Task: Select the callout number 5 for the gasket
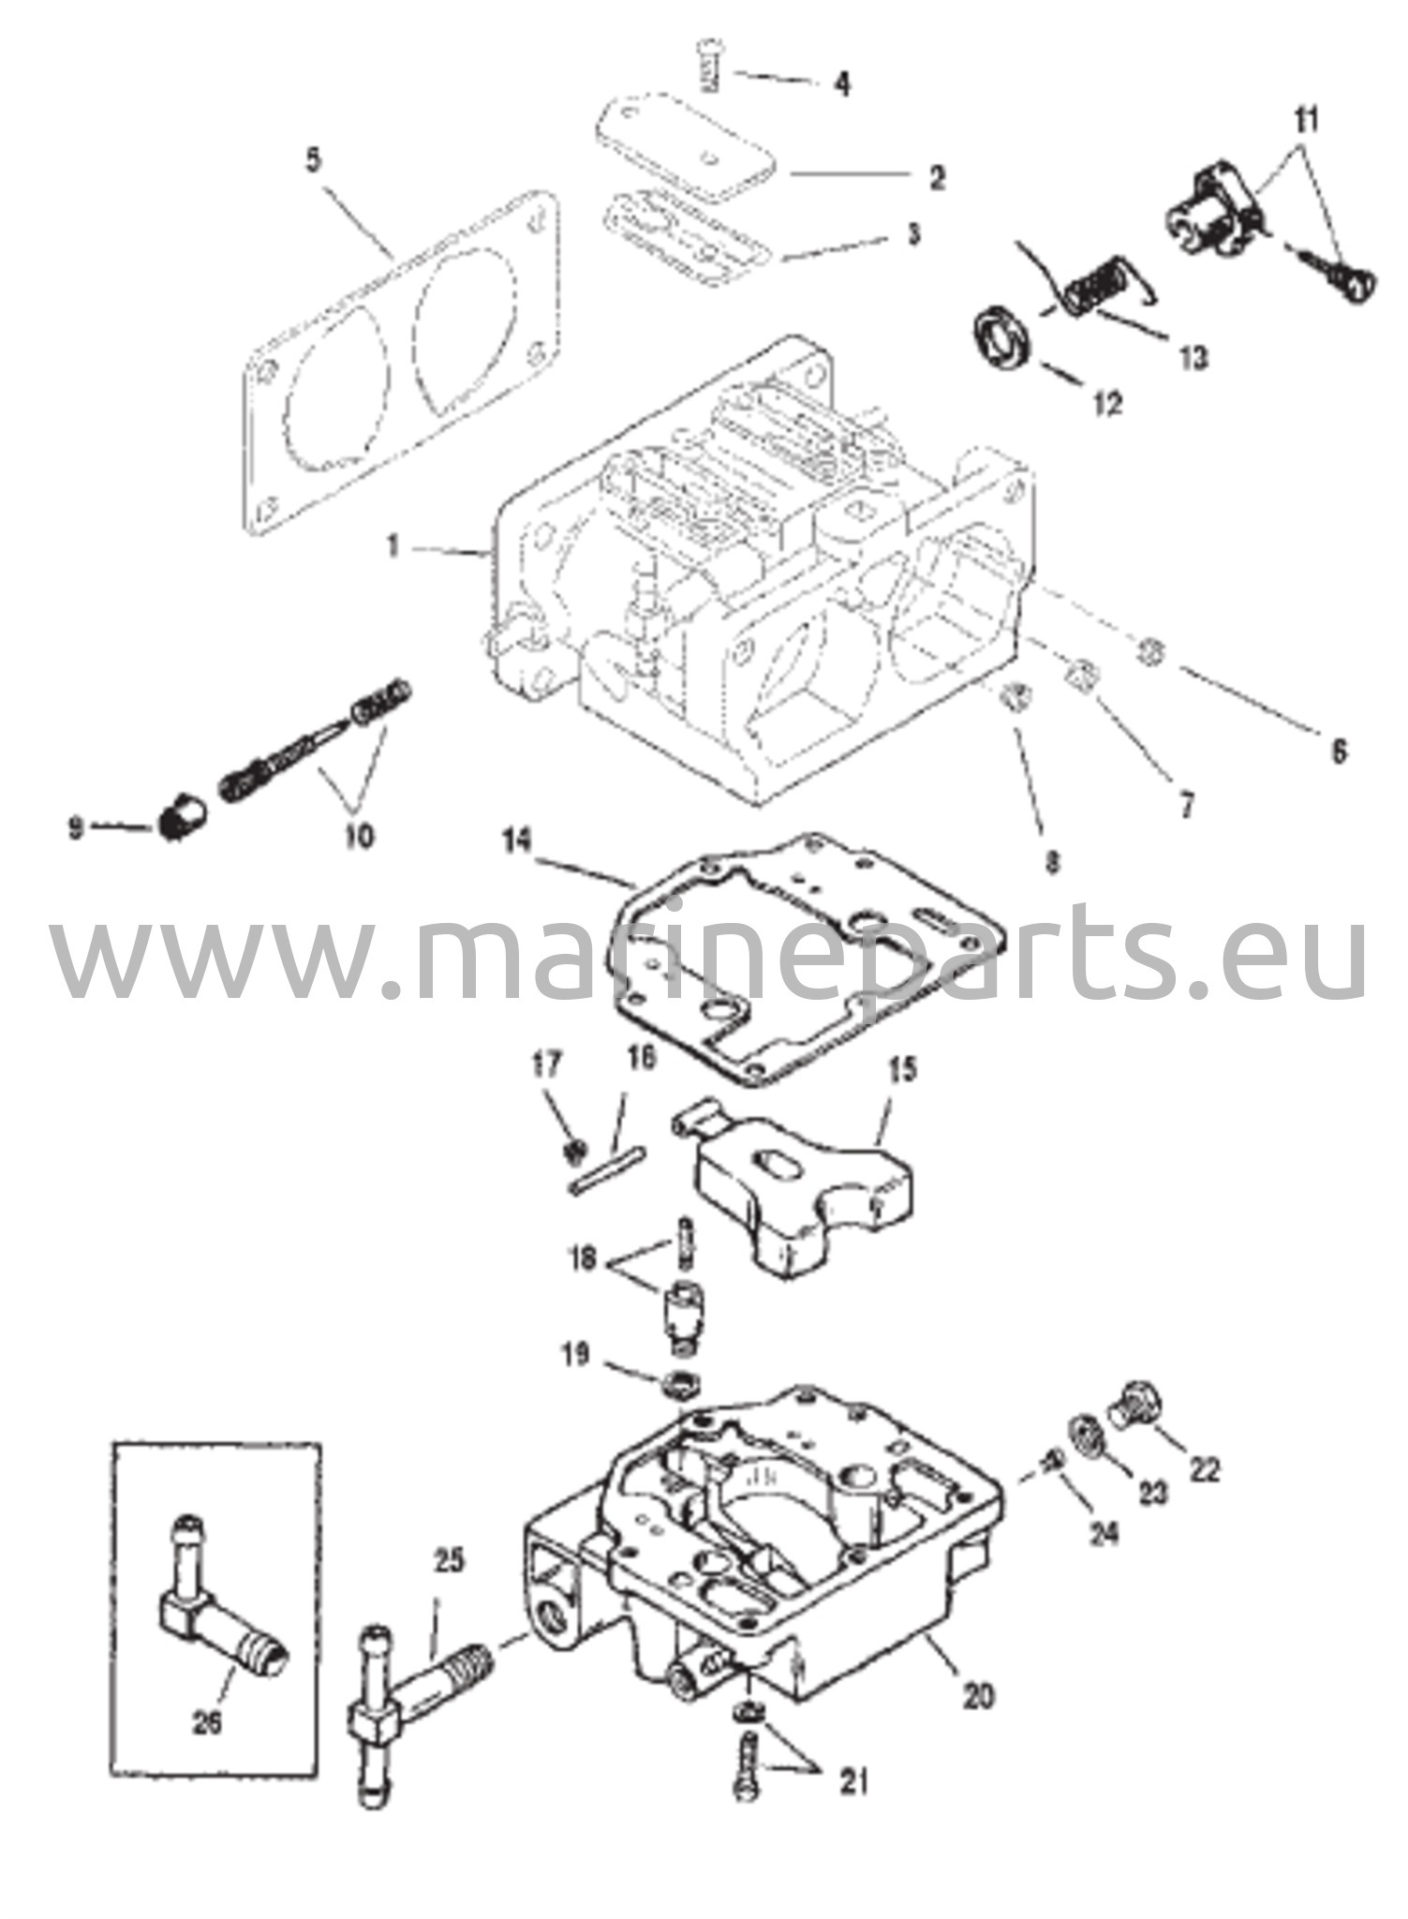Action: click(x=313, y=159)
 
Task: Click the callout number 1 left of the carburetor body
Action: click(x=394, y=546)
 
